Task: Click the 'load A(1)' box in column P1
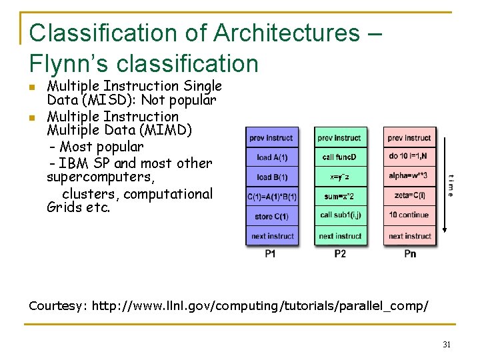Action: click(x=272, y=158)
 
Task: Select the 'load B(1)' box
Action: click(x=272, y=177)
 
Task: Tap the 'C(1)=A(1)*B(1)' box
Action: click(x=272, y=197)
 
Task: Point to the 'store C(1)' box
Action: click(x=272, y=217)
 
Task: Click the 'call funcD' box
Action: click(x=340, y=157)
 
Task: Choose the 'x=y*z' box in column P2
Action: click(x=340, y=177)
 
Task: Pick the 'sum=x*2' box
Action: click(x=340, y=196)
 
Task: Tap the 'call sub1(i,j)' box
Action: click(x=340, y=215)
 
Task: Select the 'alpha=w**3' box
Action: click(x=409, y=177)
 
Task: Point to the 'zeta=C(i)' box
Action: click(x=409, y=196)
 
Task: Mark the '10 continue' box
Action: click(x=409, y=215)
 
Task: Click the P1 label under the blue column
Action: click(x=271, y=254)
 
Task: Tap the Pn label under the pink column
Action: click(x=410, y=254)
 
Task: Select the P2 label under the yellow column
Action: click(x=340, y=254)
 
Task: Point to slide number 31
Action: click(x=447, y=345)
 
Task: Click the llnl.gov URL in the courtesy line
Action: click(x=260, y=306)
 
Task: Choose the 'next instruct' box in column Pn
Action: click(x=409, y=236)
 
